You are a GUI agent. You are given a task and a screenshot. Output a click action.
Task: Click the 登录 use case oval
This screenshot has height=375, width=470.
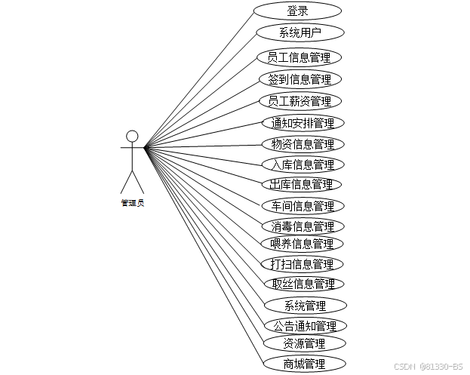(297, 11)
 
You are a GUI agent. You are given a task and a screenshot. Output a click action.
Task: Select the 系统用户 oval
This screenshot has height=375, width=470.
(300, 32)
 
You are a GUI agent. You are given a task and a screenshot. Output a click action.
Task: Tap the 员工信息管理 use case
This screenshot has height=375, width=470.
(299, 57)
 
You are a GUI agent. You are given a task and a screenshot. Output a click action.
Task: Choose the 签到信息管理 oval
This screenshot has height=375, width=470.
(300, 78)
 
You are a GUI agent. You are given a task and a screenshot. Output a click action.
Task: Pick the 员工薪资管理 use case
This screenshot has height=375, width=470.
(300, 100)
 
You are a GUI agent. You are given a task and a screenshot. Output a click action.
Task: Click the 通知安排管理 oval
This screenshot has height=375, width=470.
(303, 123)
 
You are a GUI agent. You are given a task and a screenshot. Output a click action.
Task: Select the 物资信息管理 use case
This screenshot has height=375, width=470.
(303, 143)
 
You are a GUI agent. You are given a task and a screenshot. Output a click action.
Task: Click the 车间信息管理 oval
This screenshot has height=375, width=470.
(303, 205)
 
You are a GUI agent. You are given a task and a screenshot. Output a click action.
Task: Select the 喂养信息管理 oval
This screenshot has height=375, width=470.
(302, 244)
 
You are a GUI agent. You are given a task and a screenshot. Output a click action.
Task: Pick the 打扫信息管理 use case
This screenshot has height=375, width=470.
(302, 264)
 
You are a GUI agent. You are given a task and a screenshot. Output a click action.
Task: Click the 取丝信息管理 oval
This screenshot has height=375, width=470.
(303, 284)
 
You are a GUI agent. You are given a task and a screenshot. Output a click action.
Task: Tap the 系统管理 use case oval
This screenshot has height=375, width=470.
(306, 306)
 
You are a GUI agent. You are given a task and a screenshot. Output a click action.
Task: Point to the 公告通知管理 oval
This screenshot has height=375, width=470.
(305, 326)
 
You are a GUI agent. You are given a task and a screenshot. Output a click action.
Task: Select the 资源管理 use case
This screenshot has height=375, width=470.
(305, 344)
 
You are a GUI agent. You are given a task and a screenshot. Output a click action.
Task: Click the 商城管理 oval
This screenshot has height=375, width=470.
(305, 364)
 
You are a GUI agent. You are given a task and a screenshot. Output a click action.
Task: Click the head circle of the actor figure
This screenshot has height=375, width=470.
(132, 137)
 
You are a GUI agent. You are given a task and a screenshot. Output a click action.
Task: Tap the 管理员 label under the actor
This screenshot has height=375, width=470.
(132, 202)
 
